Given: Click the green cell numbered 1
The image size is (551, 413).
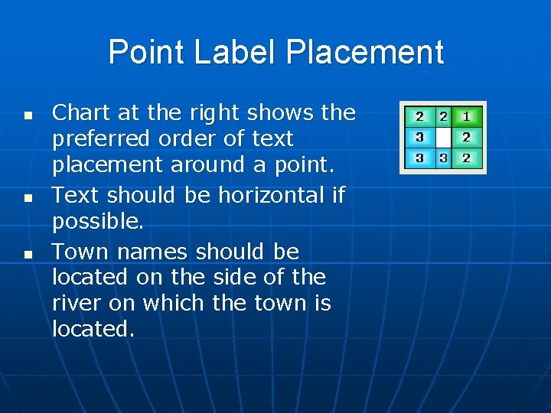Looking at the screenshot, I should click(x=468, y=117).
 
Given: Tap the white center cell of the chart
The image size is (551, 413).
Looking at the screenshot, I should click(x=443, y=138).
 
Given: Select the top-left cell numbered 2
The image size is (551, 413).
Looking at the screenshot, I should click(x=419, y=117).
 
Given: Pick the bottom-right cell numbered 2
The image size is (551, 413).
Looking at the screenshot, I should click(x=468, y=158).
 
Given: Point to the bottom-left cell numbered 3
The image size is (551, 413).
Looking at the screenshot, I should click(x=419, y=158).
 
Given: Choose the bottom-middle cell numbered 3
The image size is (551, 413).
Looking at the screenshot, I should click(x=443, y=158).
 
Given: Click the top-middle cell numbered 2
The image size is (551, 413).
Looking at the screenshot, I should click(x=443, y=117).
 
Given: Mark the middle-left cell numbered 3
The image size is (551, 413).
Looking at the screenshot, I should click(x=419, y=138).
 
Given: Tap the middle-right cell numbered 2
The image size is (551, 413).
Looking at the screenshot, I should click(x=468, y=138).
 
